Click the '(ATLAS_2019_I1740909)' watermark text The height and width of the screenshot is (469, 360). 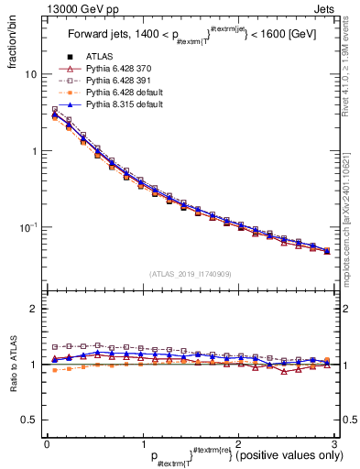(190, 274)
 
